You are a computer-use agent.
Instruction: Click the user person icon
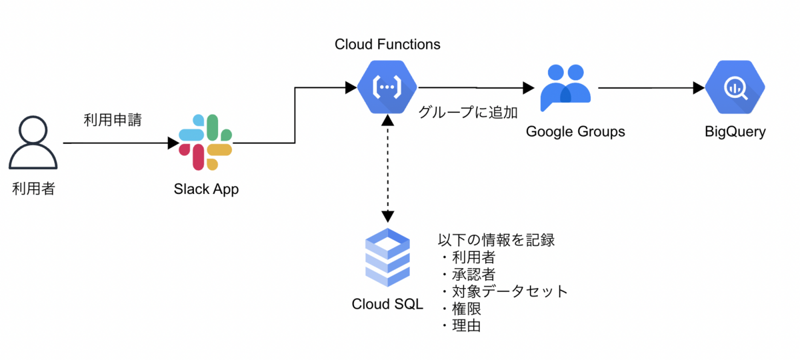(33, 142)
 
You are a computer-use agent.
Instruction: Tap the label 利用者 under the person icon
(33, 189)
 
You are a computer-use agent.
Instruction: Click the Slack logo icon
(206, 142)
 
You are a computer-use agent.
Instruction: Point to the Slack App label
(206, 189)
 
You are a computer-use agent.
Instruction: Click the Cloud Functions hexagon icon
(387, 87)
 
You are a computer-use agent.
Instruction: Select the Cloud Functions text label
(387, 45)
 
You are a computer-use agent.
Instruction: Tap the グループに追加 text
(468, 112)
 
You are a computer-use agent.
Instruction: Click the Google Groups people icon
(565, 87)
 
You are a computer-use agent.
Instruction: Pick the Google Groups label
(575, 131)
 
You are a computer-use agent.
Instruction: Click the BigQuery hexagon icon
(735, 87)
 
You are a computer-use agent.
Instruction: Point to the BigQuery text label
(735, 131)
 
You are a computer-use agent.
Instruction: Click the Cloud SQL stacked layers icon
(387, 257)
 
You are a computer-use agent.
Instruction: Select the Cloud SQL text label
(387, 304)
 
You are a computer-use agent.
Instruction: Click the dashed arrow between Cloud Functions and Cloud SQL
(387, 167)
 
